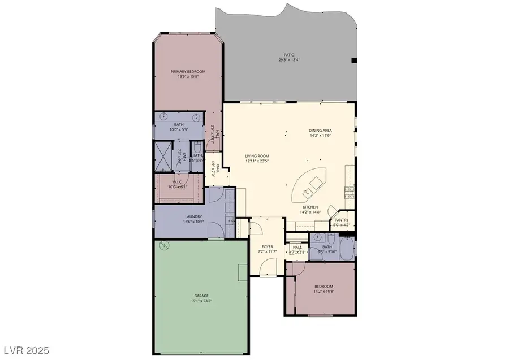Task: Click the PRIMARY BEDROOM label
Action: [x=188, y=71]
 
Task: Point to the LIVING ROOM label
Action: [x=257, y=156]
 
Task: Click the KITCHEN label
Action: [x=310, y=207]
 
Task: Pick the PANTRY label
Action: [x=341, y=220]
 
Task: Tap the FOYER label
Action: [x=267, y=247]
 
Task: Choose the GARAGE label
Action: [x=201, y=296]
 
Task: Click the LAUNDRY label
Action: [x=194, y=216]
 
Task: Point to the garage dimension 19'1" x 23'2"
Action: [x=201, y=301]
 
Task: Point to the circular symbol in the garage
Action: [x=166, y=246]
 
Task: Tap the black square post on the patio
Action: [x=355, y=59]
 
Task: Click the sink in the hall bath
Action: [x=317, y=238]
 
